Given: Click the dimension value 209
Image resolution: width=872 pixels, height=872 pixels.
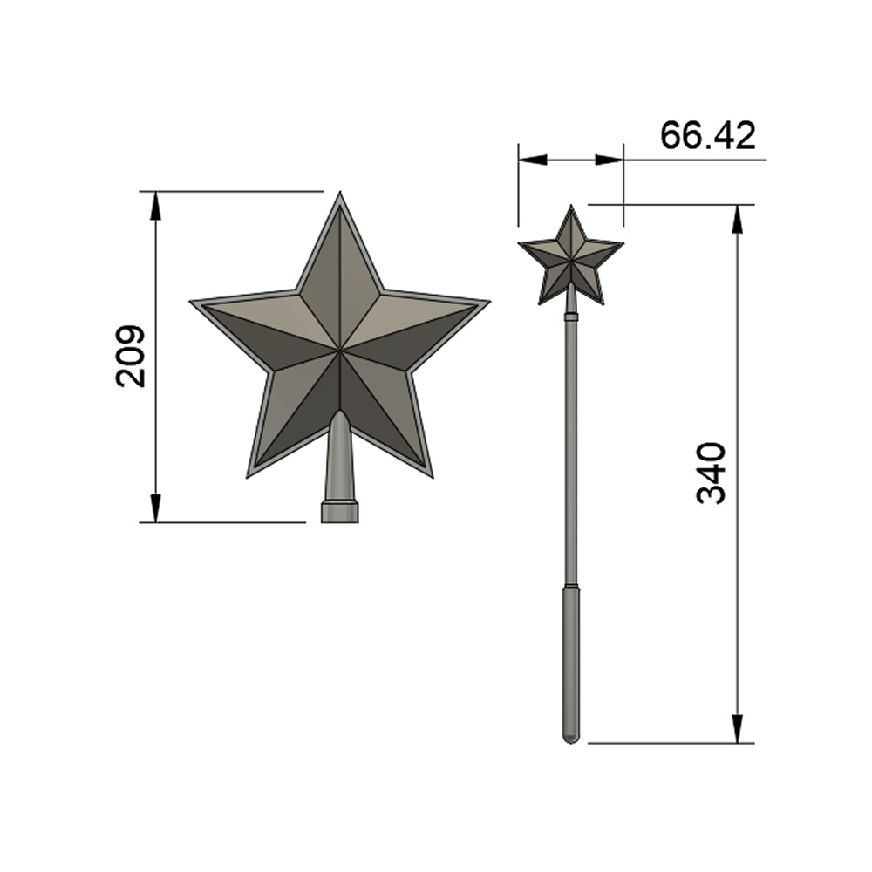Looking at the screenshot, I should [130, 356].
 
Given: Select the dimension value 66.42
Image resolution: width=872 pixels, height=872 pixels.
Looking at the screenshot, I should [707, 136].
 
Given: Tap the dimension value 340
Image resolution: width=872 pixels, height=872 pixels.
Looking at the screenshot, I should [712, 473].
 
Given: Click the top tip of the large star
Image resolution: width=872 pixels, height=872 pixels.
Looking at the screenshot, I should [338, 196].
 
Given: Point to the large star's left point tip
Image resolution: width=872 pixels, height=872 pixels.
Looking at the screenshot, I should [194, 303].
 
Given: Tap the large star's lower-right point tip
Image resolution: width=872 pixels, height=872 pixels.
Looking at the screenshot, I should [430, 473].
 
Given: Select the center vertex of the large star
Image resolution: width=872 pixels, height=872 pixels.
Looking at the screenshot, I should [338, 351].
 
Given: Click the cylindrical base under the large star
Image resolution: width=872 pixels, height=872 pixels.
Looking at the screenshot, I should [339, 512].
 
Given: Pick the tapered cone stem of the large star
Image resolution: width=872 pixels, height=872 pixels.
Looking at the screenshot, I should [339, 458].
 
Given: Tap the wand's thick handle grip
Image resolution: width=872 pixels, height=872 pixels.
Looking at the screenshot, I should [570, 658].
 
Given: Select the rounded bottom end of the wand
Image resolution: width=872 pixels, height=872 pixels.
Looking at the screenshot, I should [570, 738].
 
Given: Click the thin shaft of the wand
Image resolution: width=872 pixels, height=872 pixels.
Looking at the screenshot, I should [570, 453].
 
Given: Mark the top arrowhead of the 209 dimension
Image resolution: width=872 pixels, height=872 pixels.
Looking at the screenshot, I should [156, 206].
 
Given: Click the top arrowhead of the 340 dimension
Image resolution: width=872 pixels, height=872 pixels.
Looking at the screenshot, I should [737, 220].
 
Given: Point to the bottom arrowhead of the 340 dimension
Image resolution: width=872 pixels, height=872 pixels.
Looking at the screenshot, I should [737, 728].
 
